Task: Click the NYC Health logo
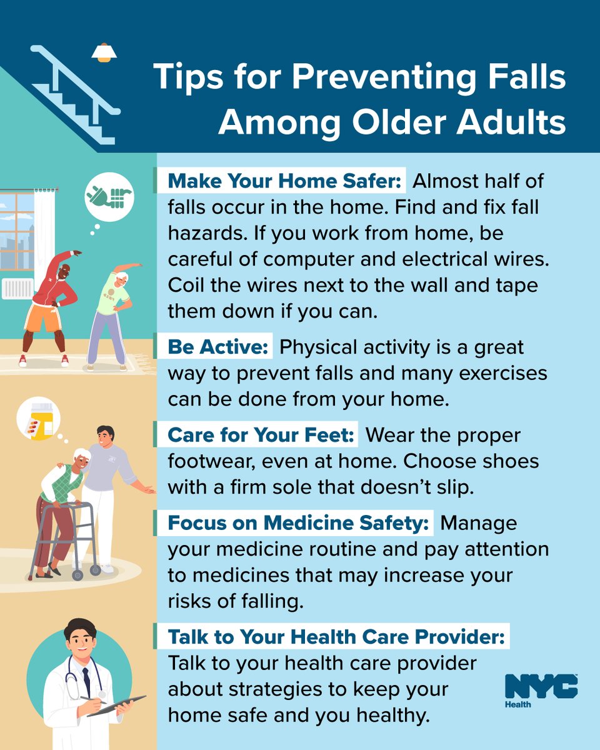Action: (x=541, y=691)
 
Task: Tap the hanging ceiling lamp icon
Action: (x=104, y=52)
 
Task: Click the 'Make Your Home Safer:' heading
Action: (x=284, y=181)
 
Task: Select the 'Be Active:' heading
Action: (x=218, y=347)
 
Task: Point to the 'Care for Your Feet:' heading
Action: (x=261, y=434)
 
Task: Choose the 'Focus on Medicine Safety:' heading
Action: (x=298, y=522)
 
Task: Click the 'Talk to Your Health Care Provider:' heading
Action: (x=336, y=637)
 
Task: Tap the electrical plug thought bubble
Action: (x=109, y=197)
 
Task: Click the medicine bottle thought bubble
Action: (x=38, y=419)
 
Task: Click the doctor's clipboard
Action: (x=116, y=706)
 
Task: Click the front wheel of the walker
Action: (x=77, y=575)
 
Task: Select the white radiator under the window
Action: (x=17, y=289)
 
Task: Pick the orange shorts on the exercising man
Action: (x=44, y=316)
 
